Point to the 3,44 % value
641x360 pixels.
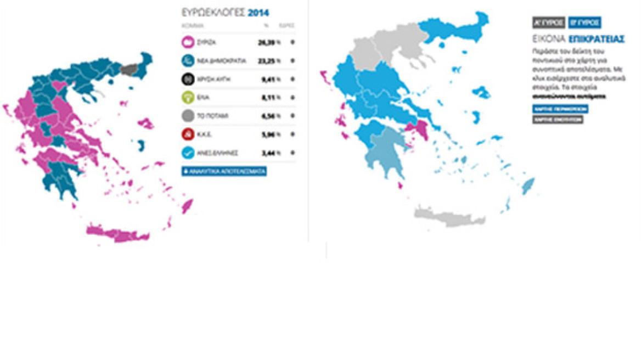pos(269,153)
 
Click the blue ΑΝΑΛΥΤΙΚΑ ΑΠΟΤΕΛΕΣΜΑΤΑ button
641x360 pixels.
pos(224,171)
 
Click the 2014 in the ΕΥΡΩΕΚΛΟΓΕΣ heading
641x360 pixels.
pos(258,12)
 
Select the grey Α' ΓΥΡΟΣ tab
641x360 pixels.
pos(549,22)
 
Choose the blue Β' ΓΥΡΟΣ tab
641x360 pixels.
pos(585,22)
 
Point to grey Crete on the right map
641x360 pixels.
pos(450,216)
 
